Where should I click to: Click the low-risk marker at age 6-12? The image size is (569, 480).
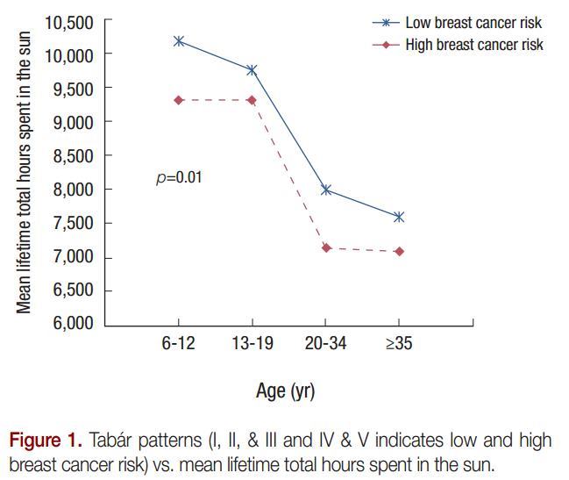tap(179, 41)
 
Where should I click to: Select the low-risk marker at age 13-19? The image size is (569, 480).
tap(252, 70)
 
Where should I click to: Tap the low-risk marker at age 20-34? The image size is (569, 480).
tap(325, 190)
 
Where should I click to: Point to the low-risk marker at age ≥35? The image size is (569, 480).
tap(399, 217)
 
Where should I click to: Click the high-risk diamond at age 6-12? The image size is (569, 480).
tap(179, 100)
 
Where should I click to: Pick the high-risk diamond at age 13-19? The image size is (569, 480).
tap(252, 100)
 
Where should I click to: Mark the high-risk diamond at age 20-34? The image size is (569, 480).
tap(325, 248)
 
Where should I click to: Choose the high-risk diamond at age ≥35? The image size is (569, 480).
tap(399, 252)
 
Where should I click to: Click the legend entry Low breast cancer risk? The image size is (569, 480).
tap(473, 23)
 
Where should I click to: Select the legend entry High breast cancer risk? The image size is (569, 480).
tap(473, 44)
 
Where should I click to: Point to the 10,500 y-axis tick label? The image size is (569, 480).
tap(68, 21)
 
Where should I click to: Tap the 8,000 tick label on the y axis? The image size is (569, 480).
tap(73, 190)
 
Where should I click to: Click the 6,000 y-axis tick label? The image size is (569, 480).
tap(73, 324)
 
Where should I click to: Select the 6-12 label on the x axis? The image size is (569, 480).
tap(179, 344)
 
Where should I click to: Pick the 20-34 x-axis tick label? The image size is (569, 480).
tap(325, 344)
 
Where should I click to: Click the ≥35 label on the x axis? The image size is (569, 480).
tap(399, 344)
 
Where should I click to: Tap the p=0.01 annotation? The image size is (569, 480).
tap(179, 178)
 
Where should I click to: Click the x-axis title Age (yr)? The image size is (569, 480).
tap(285, 390)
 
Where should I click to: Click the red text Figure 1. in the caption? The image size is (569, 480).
tap(45, 439)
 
